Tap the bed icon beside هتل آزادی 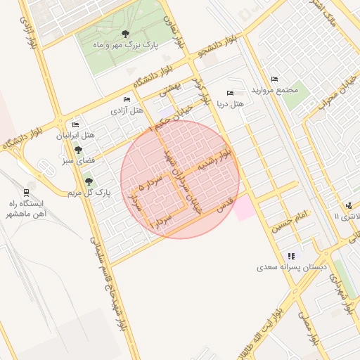pos(126,99)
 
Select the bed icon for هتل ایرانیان pos(75,124)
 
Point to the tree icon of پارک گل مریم pos(88,181)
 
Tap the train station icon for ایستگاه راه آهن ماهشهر pos(26,192)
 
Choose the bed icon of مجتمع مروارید pos(274,79)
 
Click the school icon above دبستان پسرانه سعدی pos(291,256)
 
